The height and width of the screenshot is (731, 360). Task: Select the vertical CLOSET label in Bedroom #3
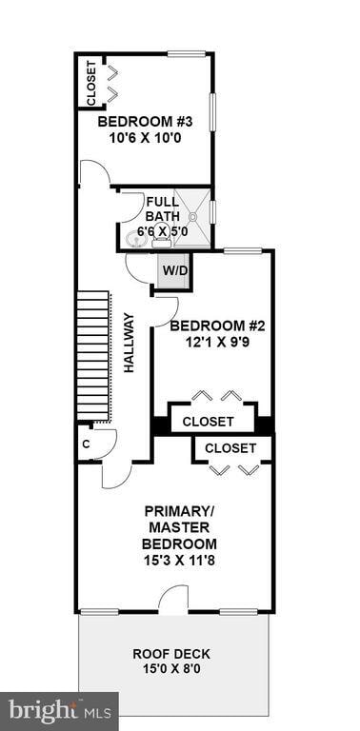click(x=91, y=83)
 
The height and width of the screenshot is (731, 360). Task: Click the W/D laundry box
click(x=174, y=270)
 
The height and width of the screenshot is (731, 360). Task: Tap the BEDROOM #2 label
click(x=216, y=326)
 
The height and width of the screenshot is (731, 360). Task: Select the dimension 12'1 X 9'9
click(x=216, y=342)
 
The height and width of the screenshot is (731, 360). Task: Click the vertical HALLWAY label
click(x=129, y=343)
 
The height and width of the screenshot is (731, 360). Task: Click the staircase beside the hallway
click(x=93, y=357)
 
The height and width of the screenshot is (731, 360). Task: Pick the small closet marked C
click(x=86, y=443)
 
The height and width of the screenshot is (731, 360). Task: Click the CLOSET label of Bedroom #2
click(x=208, y=421)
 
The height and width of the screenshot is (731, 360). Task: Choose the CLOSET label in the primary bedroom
click(x=230, y=447)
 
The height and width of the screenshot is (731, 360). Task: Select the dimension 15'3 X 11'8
click(x=179, y=560)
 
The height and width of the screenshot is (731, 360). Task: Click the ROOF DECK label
click(x=171, y=654)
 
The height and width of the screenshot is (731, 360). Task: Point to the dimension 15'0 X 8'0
click(x=171, y=669)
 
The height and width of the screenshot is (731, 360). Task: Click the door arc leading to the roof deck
click(x=172, y=600)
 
